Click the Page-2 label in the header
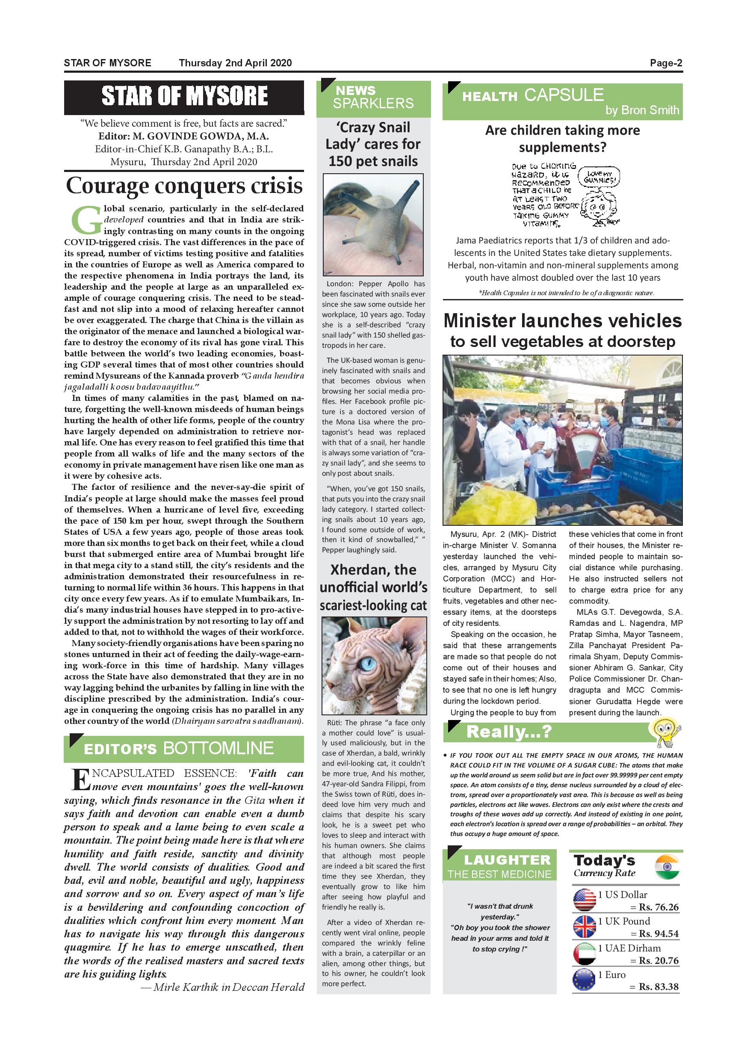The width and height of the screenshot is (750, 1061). (x=665, y=63)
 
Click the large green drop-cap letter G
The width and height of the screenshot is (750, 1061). (x=86, y=220)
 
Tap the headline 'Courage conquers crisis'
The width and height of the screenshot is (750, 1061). (x=184, y=186)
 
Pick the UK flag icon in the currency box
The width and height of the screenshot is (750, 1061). (x=584, y=927)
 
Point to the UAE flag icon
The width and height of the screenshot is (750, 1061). (x=584, y=953)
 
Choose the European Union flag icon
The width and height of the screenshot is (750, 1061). (x=584, y=980)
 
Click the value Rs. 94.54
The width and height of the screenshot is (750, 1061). (x=658, y=934)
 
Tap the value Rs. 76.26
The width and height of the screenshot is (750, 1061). (x=658, y=907)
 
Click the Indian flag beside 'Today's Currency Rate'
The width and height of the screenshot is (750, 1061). (x=667, y=867)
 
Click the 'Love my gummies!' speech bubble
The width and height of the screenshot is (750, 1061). (x=599, y=177)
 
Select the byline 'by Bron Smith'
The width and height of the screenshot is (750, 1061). (x=642, y=110)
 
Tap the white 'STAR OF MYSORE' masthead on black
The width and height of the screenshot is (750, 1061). (x=184, y=96)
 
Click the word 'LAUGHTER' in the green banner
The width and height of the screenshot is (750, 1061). (x=507, y=860)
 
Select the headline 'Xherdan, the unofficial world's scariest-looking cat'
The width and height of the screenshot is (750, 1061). (x=373, y=587)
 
